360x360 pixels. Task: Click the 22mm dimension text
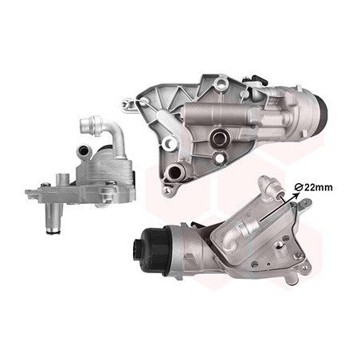click(318, 188)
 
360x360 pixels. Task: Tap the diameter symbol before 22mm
click(299, 188)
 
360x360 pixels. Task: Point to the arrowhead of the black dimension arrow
click(295, 196)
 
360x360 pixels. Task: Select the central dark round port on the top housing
click(219, 137)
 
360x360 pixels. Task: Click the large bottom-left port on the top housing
click(174, 173)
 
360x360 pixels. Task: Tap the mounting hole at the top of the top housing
click(221, 84)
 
